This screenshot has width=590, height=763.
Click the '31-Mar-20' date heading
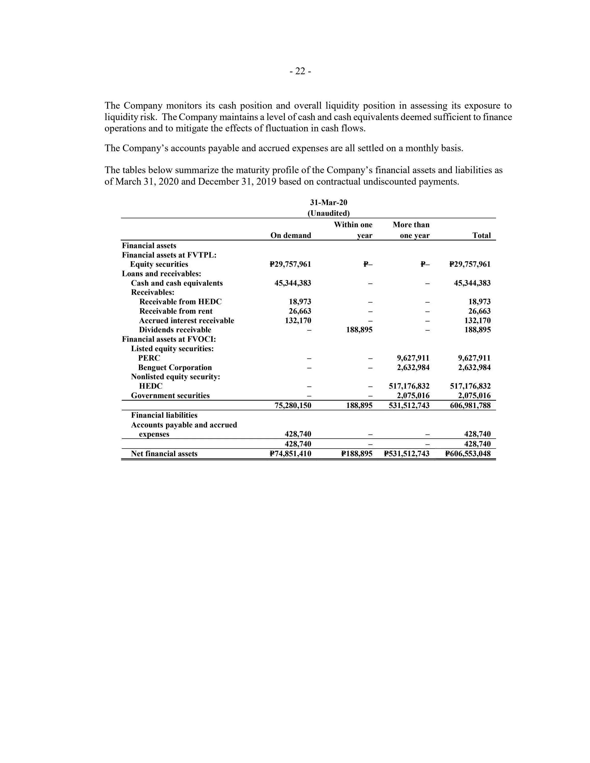(x=328, y=203)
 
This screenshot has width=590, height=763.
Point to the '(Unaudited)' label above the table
(x=328, y=213)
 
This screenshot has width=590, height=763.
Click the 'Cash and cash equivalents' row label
(x=177, y=283)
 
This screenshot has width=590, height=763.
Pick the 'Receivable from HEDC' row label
(x=180, y=301)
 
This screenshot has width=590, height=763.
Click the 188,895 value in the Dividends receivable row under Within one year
(x=359, y=330)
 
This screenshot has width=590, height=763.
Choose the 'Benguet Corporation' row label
(x=175, y=367)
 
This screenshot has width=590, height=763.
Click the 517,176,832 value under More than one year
(x=409, y=386)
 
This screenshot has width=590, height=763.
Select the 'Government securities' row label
(x=170, y=396)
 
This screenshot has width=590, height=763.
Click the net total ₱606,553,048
(x=468, y=454)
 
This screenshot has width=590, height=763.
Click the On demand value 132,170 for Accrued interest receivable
(x=298, y=320)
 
